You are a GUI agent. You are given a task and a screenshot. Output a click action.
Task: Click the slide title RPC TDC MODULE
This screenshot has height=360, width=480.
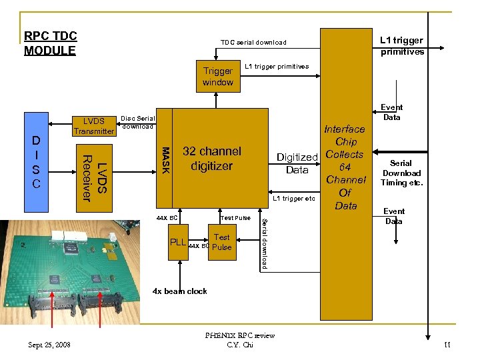pyautogui.click(x=50, y=43)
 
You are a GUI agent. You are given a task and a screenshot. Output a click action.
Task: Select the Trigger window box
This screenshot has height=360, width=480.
pyautogui.click(x=218, y=76)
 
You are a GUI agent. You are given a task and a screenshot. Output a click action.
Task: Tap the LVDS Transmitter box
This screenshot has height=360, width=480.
pyautogui.click(x=94, y=125)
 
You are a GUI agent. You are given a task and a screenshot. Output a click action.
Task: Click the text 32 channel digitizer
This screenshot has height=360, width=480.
pyautogui.click(x=211, y=158)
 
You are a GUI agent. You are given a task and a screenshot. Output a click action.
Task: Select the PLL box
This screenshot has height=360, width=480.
pyautogui.click(x=178, y=242)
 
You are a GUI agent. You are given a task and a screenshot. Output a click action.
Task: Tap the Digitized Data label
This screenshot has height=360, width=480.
pyautogui.click(x=297, y=163)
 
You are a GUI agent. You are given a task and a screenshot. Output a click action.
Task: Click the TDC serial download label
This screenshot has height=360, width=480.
pyautogui.click(x=253, y=42)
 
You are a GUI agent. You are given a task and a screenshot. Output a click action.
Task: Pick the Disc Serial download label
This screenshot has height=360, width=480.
pyautogui.click(x=137, y=122)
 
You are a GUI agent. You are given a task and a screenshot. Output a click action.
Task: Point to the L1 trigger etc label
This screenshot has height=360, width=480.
pyautogui.click(x=294, y=199)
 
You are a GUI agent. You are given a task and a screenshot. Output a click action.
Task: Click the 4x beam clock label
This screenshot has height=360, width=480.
pyautogui.click(x=180, y=291)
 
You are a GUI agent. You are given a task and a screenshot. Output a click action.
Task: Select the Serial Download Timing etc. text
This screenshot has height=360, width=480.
pyautogui.click(x=401, y=173)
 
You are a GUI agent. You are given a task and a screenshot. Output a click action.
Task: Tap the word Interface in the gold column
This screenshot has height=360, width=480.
pyautogui.click(x=345, y=129)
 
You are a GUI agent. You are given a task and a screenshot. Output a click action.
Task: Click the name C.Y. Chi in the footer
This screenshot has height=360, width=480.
pyautogui.click(x=241, y=345)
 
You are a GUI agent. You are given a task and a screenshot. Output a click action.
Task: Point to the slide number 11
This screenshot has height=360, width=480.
pyautogui.click(x=447, y=345)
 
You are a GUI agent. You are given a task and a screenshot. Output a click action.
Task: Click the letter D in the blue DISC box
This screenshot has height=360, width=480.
pyautogui.click(x=37, y=141)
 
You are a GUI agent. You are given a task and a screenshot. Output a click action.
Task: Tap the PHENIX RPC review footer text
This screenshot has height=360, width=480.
pyautogui.click(x=241, y=335)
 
